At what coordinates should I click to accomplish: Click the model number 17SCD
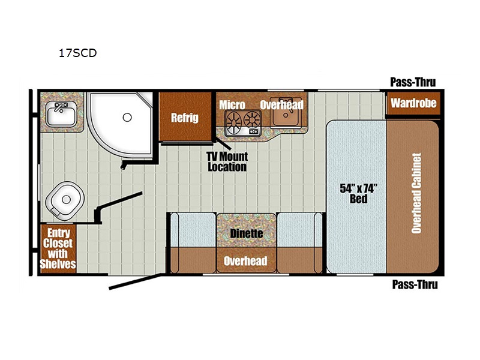[x=78, y=53]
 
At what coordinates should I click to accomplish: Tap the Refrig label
[x=185, y=118]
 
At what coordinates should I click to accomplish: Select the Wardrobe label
[x=413, y=103]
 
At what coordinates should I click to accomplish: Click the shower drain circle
[x=127, y=117]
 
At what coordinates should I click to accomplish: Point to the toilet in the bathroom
[x=65, y=201]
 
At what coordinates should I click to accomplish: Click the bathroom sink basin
[x=61, y=114]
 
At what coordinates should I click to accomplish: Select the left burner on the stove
[x=234, y=122]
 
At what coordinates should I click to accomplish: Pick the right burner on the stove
[x=252, y=119]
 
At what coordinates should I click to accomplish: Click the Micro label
[x=232, y=105]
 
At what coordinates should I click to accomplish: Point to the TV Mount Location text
[x=227, y=161]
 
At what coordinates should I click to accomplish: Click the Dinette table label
[x=247, y=233]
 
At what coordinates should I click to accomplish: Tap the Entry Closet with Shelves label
[x=58, y=248]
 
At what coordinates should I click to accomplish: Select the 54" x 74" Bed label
[x=358, y=193]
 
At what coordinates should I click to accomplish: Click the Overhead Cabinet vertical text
[x=416, y=193]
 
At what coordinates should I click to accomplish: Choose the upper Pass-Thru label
[x=413, y=82]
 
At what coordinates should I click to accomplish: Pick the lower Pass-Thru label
[x=415, y=284]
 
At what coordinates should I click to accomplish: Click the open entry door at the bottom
[x=135, y=281]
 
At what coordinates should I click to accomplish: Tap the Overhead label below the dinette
[x=245, y=261]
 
